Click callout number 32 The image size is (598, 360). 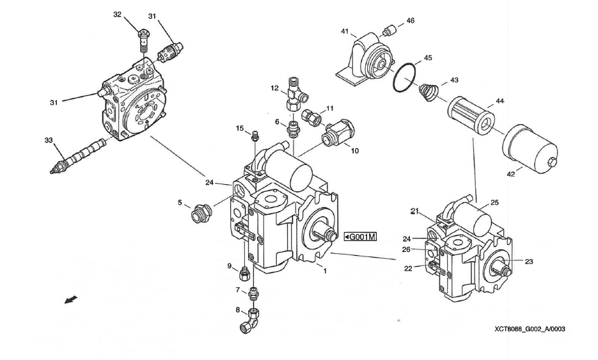[x=117, y=14]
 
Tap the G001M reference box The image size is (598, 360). [x=359, y=237]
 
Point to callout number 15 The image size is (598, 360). [x=239, y=129]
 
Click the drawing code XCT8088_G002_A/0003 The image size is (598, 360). [x=530, y=329]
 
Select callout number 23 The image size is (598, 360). [x=529, y=261]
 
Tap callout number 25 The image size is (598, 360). [x=494, y=203]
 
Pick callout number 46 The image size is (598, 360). [x=410, y=20]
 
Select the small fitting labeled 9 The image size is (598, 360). [x=244, y=275]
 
